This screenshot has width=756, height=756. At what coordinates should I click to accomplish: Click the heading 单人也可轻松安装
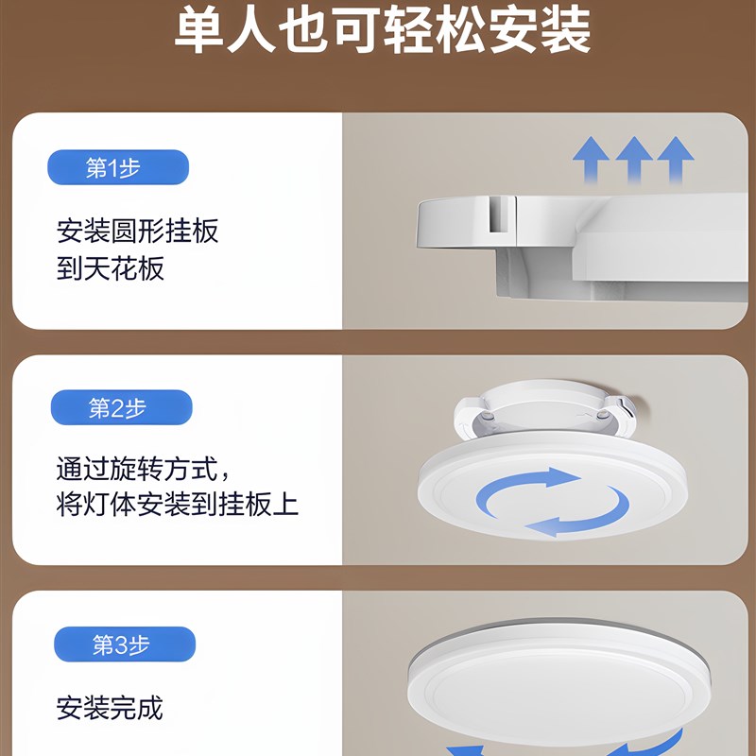[x=383, y=31]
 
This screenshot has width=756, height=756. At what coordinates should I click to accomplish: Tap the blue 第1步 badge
[x=118, y=168]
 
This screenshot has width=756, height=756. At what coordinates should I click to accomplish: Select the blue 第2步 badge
[x=121, y=408]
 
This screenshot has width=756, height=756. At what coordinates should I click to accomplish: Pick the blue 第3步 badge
[x=125, y=645]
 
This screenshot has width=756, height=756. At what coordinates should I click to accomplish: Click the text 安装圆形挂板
[x=138, y=231]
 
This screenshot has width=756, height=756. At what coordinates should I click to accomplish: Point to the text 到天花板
[x=111, y=268]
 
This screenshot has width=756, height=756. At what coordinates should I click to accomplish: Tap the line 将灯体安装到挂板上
[x=178, y=503]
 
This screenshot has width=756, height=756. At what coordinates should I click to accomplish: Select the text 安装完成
[x=110, y=708]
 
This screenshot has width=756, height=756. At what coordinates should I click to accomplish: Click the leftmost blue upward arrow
[x=591, y=160]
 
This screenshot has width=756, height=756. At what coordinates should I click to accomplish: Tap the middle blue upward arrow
[x=634, y=160]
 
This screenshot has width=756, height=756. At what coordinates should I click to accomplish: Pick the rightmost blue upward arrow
[x=676, y=160]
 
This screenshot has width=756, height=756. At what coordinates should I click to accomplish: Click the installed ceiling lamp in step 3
[x=558, y=680]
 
